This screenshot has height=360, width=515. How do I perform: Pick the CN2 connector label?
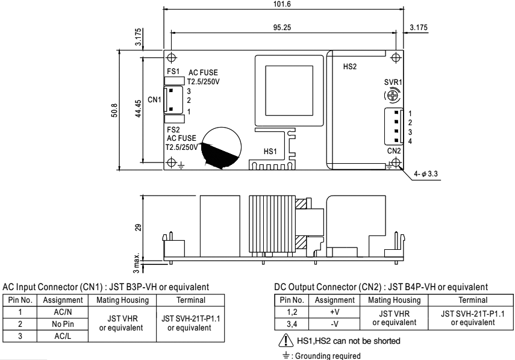coord(393,151)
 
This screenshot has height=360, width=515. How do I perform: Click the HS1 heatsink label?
coord(270,151)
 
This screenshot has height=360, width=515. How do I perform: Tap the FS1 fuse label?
coord(173,71)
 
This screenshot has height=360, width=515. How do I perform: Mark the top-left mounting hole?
coord(172,58)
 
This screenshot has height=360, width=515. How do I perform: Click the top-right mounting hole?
coord(396,58)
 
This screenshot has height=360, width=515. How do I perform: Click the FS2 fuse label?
coord(173,129)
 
